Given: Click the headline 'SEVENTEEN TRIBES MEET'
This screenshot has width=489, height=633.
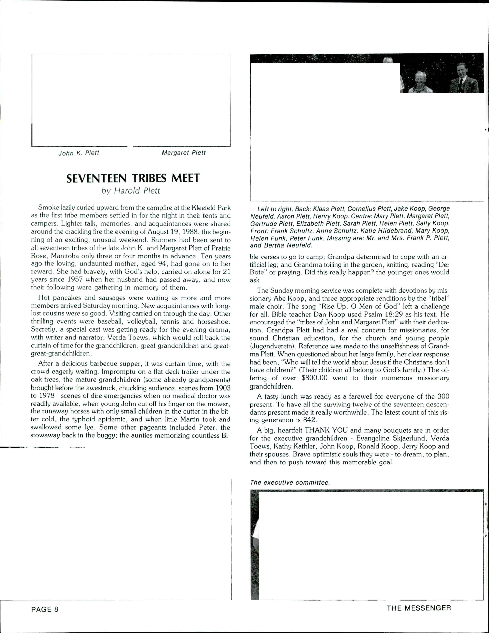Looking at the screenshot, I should click(133, 178).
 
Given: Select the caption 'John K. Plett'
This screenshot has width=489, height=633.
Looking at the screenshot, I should click(79, 153).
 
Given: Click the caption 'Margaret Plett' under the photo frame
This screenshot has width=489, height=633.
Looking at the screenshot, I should click(184, 153).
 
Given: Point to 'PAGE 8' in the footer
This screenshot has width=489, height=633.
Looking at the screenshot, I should click(45, 609).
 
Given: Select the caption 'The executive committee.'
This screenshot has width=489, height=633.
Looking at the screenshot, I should click(290, 483).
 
